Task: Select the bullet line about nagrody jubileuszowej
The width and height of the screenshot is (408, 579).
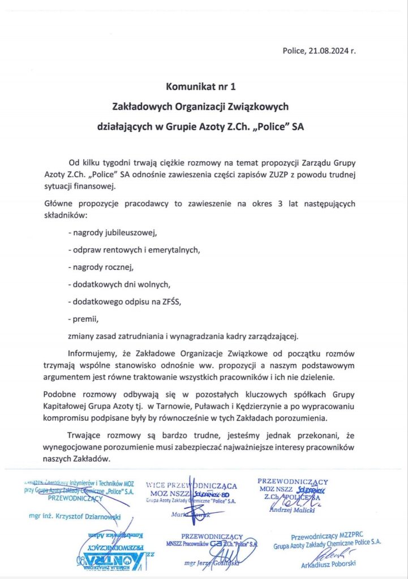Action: [x=111, y=232]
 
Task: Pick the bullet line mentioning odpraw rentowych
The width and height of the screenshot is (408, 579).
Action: [x=134, y=249]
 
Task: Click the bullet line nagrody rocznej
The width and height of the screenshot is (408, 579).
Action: [x=102, y=266]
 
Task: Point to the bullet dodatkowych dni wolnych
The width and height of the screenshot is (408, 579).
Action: [x=118, y=283]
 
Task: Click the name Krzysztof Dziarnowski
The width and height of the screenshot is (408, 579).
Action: [x=76, y=516]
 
